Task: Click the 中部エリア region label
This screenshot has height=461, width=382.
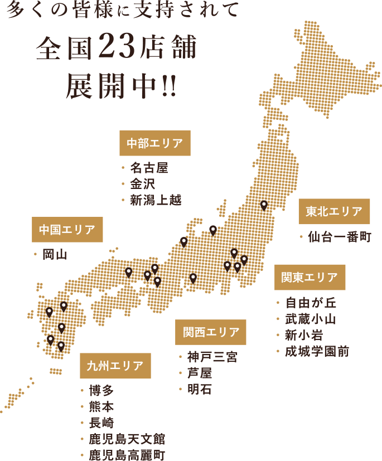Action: pyautogui.click(x=154, y=143)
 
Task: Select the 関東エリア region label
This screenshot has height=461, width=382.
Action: pyautogui.click(x=310, y=277)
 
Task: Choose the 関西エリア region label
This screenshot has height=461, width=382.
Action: pyautogui.click(x=210, y=332)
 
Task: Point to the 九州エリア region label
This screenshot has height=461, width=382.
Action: pyautogui.click(x=115, y=366)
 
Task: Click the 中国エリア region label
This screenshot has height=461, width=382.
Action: pyautogui.click(x=67, y=230)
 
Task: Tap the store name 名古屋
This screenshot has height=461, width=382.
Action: pyautogui.click(x=149, y=167)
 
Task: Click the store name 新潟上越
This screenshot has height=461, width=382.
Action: pyautogui.click(x=156, y=200)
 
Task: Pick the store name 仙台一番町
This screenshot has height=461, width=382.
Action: pyautogui.click(x=339, y=237)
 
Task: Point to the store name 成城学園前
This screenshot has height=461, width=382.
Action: pyautogui.click(x=317, y=352)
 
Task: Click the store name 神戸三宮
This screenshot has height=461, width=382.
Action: pyautogui.click(x=212, y=357)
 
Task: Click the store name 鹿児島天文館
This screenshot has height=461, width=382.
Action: pyautogui.click(x=127, y=439)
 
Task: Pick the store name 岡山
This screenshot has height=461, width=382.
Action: pyautogui.click(x=55, y=255)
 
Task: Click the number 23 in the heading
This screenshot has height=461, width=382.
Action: pyautogui.click(x=117, y=49)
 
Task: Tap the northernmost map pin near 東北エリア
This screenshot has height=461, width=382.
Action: pyautogui.click(x=264, y=205)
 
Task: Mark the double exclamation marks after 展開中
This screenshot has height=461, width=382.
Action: pyautogui.click(x=168, y=88)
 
